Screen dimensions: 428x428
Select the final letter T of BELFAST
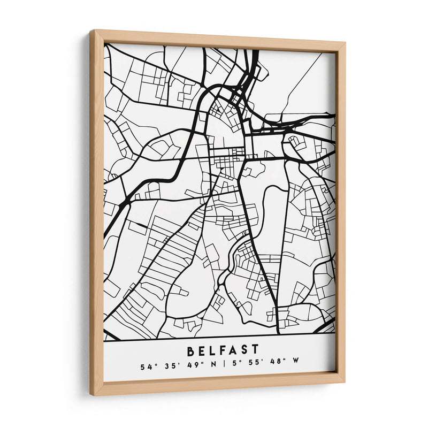pos(256,351)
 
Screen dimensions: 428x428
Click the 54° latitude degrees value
pos(146,367)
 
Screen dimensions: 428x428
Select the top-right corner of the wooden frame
pos(345,43)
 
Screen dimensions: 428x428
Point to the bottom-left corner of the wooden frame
pos(93,394)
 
